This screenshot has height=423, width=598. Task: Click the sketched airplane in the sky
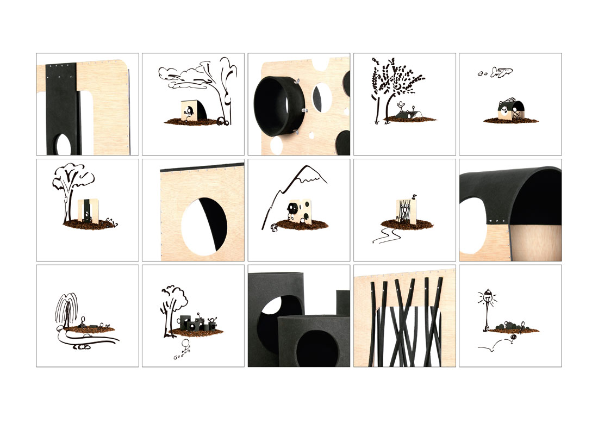(x=502, y=72)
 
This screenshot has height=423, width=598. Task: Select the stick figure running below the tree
(x=185, y=348)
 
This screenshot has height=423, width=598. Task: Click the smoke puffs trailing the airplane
(x=482, y=74)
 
